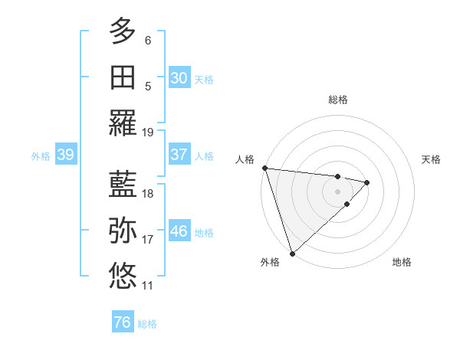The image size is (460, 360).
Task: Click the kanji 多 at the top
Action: click(x=123, y=32)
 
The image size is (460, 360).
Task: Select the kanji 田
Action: click(x=123, y=77)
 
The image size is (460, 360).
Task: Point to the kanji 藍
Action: click(x=123, y=185)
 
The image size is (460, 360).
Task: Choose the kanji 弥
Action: click(x=123, y=231)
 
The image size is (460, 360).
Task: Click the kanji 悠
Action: click(x=123, y=276)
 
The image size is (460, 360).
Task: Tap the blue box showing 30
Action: click(x=179, y=78)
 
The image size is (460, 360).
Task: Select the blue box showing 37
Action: click(x=179, y=155)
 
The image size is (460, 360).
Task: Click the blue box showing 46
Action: click(x=179, y=231)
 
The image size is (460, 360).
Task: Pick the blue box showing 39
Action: click(x=65, y=155)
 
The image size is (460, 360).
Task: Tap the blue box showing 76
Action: click(x=122, y=322)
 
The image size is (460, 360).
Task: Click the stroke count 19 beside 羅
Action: click(x=148, y=132)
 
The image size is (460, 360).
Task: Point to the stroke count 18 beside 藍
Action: click(x=148, y=194)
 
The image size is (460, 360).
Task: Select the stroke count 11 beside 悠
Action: click(x=148, y=286)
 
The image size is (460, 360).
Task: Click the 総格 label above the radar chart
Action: click(x=338, y=100)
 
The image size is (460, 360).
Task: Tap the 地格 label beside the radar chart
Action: click(x=402, y=263)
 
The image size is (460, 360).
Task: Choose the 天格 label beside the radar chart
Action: click(x=432, y=159)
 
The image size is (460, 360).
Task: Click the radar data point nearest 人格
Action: click(x=264, y=168)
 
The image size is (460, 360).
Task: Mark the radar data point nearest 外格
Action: click(x=292, y=252)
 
